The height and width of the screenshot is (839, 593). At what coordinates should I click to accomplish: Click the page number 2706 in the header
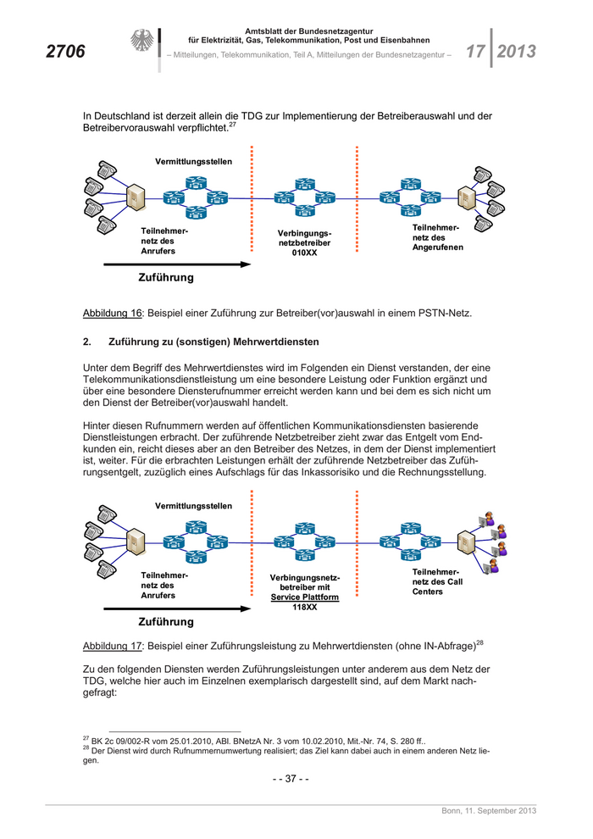(65, 52)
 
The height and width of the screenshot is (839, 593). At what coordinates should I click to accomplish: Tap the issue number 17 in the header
(474, 51)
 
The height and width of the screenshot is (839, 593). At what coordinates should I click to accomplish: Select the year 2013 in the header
(517, 51)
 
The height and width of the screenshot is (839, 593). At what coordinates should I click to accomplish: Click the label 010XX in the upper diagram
(304, 253)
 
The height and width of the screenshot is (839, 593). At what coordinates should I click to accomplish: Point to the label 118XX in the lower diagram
(304, 607)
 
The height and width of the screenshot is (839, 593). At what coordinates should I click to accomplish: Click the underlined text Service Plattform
(305, 597)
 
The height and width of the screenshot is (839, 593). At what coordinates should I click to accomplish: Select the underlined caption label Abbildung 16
(112, 314)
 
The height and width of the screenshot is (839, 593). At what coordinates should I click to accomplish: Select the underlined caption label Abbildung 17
(112, 646)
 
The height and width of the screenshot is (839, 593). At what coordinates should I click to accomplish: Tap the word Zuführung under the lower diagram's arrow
(166, 622)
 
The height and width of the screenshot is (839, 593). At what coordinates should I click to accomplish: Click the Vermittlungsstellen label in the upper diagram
(193, 161)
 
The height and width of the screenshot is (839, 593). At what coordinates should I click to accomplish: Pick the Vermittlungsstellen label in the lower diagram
(193, 506)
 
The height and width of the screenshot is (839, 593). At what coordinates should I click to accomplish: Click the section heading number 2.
(86, 342)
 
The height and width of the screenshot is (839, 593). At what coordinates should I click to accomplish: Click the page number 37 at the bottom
(290, 780)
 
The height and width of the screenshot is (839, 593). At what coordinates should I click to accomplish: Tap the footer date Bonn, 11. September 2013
(489, 812)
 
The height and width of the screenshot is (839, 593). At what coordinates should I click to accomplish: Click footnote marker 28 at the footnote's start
(86, 747)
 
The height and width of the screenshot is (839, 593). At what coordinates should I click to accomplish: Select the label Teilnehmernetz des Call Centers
(437, 581)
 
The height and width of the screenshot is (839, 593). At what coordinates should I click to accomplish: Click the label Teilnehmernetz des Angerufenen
(437, 237)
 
